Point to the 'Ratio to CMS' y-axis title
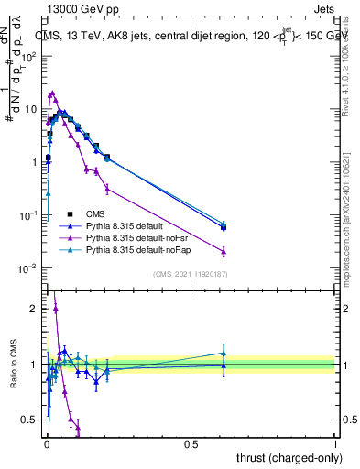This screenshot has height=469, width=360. point(12,366)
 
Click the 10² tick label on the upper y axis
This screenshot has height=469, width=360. point(29,56)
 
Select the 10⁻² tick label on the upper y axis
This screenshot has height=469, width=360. point(29,268)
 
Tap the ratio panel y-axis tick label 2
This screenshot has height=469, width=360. point(34,309)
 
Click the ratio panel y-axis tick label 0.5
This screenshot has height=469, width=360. point(30,420)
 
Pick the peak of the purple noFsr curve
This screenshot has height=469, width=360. point(52,93)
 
